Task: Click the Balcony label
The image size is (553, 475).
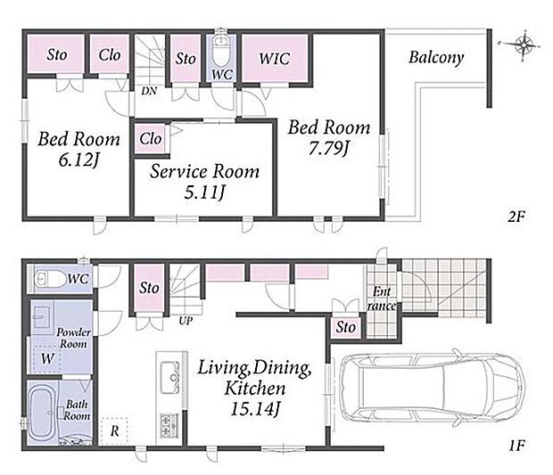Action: tap(436, 57)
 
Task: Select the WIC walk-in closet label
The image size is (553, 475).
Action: tap(275, 59)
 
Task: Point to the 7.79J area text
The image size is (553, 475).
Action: tap(329, 148)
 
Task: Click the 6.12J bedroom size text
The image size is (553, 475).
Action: tap(78, 160)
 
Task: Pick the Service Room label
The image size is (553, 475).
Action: tap(205, 172)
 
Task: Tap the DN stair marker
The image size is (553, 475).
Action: tap(149, 91)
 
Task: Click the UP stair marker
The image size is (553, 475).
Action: tap(186, 321)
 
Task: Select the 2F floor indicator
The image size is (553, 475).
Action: tap(516, 216)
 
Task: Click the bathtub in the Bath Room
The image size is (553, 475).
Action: tap(42, 412)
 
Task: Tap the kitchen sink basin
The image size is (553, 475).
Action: tap(170, 378)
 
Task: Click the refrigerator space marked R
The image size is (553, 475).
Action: tap(114, 431)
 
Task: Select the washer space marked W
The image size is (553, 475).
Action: tap(47, 359)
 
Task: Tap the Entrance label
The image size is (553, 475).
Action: tap(381, 299)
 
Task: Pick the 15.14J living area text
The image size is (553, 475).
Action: tap(254, 409)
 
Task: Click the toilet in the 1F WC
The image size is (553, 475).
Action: tap(50, 279)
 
